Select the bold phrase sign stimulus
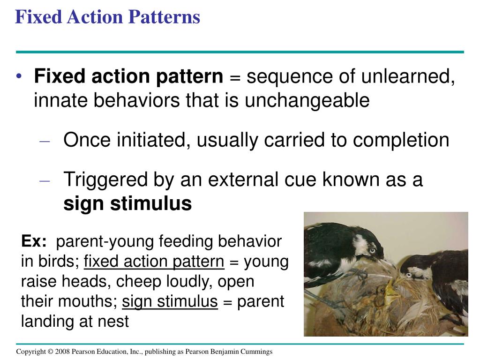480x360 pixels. (127, 204)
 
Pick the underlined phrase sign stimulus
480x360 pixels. (170, 301)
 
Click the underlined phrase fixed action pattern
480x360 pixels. (154, 262)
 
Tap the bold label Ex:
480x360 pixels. (34, 242)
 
